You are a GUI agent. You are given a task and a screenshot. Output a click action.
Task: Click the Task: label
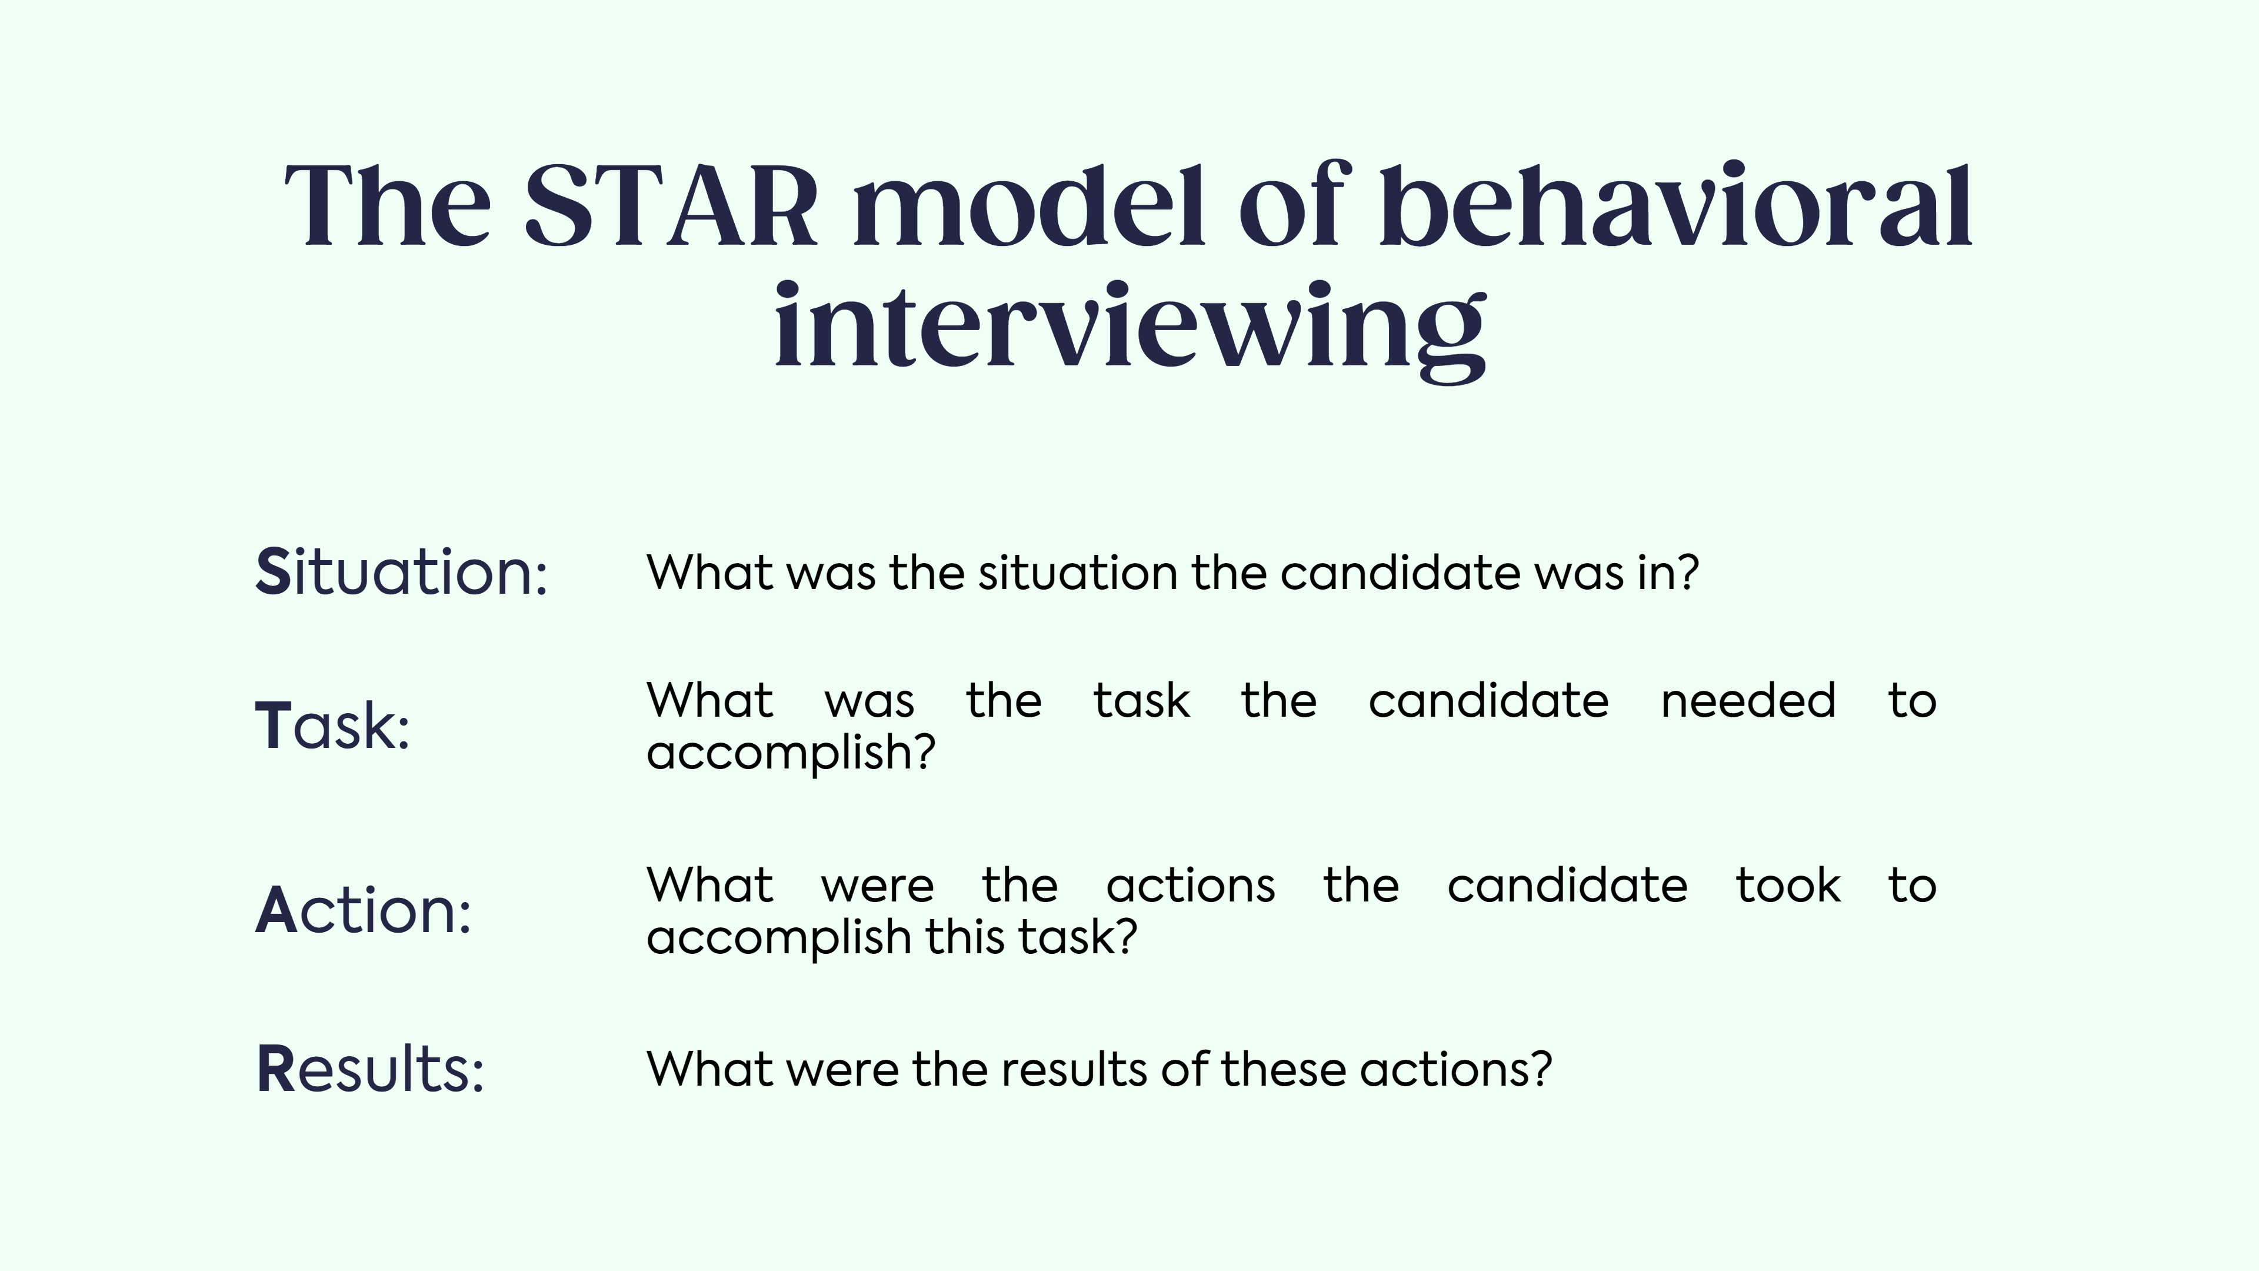pyautogui.click(x=332, y=726)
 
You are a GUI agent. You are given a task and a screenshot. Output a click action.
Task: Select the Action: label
pyautogui.click(x=363, y=910)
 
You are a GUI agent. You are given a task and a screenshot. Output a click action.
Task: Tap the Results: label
pyautogui.click(x=370, y=1069)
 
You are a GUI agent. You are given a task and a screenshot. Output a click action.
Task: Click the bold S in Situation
pyautogui.click(x=273, y=572)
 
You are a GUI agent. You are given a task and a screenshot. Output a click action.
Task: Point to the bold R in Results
pyautogui.click(x=275, y=1069)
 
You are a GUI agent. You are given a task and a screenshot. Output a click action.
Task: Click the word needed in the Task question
pyautogui.click(x=1748, y=701)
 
